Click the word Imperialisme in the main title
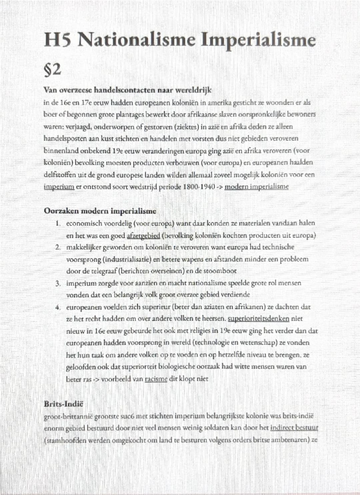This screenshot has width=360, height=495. pos(258,41)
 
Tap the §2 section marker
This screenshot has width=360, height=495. pos(53,70)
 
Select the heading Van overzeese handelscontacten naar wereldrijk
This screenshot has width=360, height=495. pos(127,90)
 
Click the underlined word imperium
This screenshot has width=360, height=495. pos(59,187)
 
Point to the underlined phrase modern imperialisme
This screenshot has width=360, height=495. pos(256,187)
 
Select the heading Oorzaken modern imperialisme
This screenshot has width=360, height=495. pos(100,211)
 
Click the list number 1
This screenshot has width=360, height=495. pos(58,223)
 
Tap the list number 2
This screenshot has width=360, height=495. pos(58,247)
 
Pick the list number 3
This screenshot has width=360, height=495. pos(58,283)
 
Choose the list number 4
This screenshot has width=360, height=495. pos(58,307)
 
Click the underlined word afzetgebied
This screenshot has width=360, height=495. pos(144,236)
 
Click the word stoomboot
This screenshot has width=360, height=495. pos(219,271)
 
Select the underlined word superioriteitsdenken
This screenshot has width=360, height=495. pos(258,319)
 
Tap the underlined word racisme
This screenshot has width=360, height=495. pos(156,379)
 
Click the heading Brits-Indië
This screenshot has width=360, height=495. pos(63,404)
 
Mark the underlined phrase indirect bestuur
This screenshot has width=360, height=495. pos(294,428)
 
